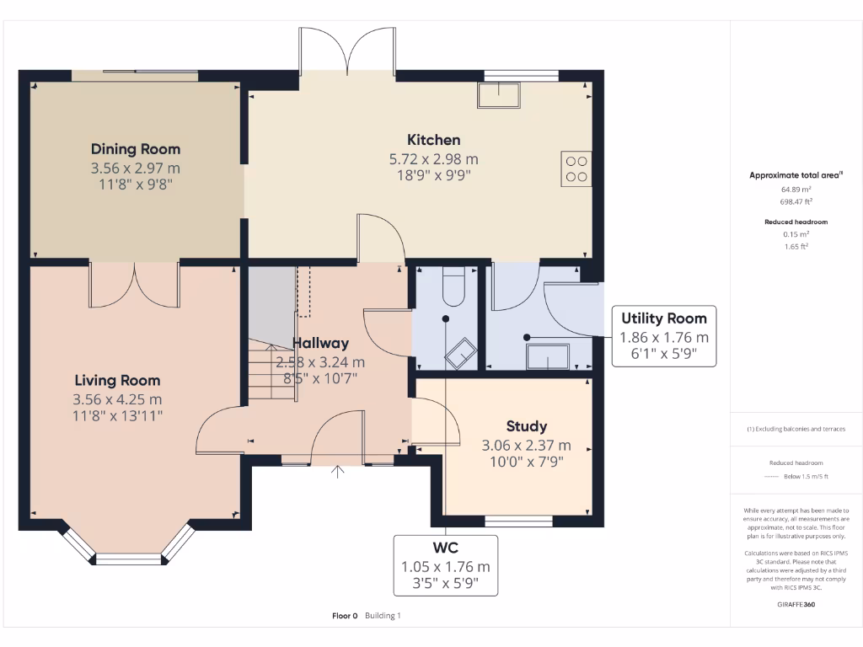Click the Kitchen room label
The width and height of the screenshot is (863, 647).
coord(434,140)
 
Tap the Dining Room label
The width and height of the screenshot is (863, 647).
coord(136,149)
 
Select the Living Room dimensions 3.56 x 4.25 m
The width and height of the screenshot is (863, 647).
coord(117,399)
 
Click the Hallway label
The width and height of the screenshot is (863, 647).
coord(320,344)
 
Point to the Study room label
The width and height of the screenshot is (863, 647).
coord(527,426)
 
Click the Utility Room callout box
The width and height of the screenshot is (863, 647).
coord(664,336)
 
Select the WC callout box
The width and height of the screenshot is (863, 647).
coord(446,565)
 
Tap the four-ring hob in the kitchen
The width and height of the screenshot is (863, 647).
coord(576,168)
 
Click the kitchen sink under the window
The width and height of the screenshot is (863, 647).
coord(499,94)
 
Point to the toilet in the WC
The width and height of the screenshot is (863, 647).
coord(454,286)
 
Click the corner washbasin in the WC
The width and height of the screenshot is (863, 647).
coord(461,353)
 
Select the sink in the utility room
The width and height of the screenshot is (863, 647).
coord(548,356)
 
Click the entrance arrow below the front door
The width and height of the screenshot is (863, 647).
coord(337,472)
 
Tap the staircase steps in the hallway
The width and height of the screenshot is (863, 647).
coord(272,371)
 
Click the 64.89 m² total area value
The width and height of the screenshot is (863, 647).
coord(796,190)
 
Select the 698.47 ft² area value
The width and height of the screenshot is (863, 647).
coord(796,202)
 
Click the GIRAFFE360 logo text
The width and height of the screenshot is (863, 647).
coord(796,604)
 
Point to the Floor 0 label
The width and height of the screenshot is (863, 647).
coord(345,616)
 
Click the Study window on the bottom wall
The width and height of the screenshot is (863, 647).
coord(518,521)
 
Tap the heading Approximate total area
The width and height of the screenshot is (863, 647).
coord(796,175)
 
